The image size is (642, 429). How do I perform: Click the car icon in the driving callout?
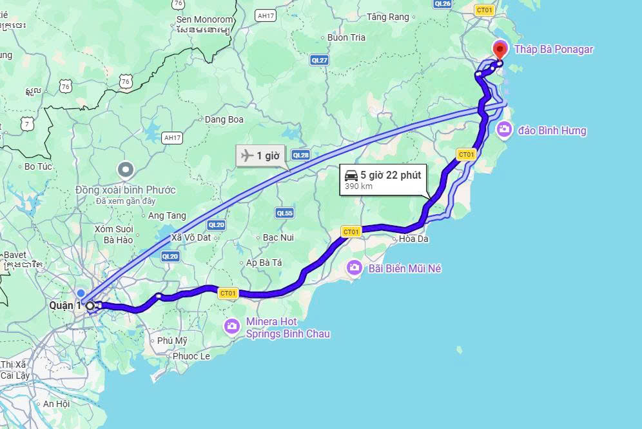pyautogui.click(x=351, y=175)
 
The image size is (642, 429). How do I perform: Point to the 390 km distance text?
pyautogui.click(x=358, y=186)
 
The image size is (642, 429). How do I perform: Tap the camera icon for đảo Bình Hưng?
pyautogui.click(x=504, y=130)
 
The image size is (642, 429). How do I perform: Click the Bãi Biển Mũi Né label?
pyautogui.click(x=404, y=268)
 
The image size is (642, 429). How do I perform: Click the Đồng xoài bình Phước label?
pyautogui.click(x=125, y=190)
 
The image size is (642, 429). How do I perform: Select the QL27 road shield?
pyautogui.click(x=319, y=60)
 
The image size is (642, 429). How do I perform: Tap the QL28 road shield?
pyautogui.click(x=301, y=155)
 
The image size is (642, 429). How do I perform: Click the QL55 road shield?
pyautogui.click(x=284, y=213)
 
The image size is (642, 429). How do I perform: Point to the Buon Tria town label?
pyautogui.click(x=346, y=37)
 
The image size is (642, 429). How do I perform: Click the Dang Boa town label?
pyautogui.click(x=224, y=119)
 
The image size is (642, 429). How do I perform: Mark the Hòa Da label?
pyautogui.click(x=414, y=239)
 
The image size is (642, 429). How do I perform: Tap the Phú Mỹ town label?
pyautogui.click(x=172, y=341)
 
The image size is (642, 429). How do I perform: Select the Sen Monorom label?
pyautogui.click(x=204, y=20)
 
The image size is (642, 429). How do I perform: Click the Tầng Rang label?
pyautogui.click(x=388, y=17)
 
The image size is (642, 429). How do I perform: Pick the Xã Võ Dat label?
pyautogui.click(x=191, y=237)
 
